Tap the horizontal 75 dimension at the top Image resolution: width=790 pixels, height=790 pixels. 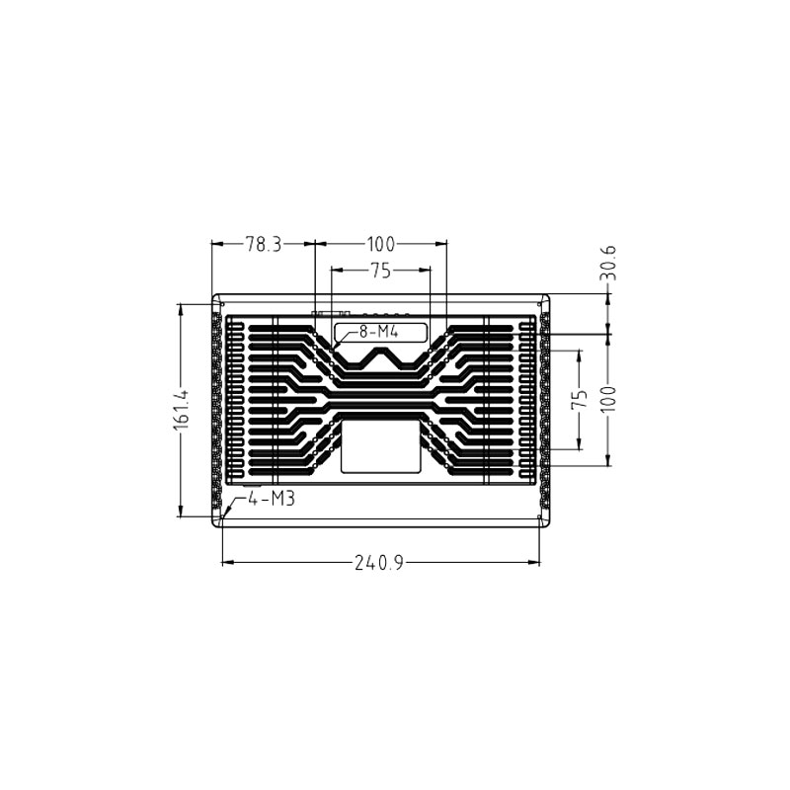pyautogui.click(x=380, y=269)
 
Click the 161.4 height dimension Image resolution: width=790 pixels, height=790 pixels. pyautogui.click(x=180, y=409)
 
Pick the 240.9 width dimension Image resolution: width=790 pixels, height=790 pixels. pyautogui.click(x=380, y=564)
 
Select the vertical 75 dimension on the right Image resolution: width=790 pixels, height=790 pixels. pyautogui.click(x=581, y=399)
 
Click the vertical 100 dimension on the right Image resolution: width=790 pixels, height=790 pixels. pyautogui.click(x=608, y=399)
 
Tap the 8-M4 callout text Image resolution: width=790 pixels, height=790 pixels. pyautogui.click(x=377, y=332)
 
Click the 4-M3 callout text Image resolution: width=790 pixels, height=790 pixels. pyautogui.click(x=272, y=500)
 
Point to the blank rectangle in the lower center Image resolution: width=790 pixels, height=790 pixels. pyautogui.click(x=380, y=446)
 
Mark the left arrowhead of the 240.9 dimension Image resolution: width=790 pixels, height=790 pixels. pyautogui.click(x=224, y=564)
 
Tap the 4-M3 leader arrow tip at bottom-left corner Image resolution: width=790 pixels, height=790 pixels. pyautogui.click(x=224, y=516)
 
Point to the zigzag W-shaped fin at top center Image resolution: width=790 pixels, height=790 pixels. pyautogui.click(x=380, y=359)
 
